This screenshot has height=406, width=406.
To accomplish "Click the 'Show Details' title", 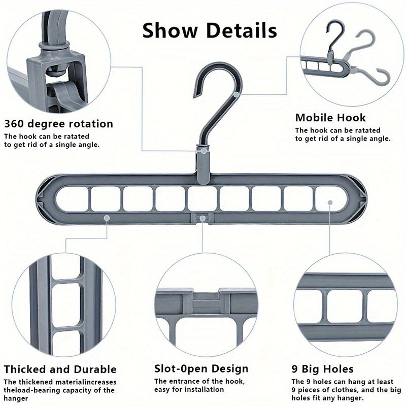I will (210, 30).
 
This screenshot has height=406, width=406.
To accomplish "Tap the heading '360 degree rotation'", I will (59, 124).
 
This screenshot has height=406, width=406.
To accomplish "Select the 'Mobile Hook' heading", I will (330, 118).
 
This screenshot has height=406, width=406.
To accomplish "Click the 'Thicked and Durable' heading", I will (60, 369).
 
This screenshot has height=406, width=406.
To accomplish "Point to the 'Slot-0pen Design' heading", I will (201, 369).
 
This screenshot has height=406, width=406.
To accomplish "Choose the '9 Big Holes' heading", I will (322, 369).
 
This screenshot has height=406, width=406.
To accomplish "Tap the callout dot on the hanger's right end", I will (330, 202).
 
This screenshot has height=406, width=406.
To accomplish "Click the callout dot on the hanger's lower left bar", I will (107, 217).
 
